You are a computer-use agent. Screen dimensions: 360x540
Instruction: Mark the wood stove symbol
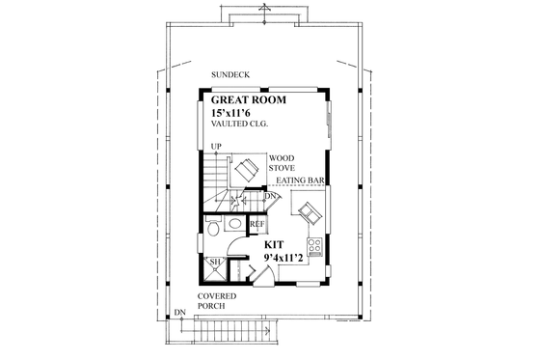246,171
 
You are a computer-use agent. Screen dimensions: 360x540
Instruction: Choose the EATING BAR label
300,180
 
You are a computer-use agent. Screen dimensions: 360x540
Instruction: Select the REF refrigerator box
257,225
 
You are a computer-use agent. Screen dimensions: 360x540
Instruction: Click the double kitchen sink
310,209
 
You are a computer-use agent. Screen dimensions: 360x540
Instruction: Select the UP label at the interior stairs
216,147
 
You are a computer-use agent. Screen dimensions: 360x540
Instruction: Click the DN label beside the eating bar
271,196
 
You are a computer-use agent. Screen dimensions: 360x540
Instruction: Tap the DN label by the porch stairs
180,312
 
